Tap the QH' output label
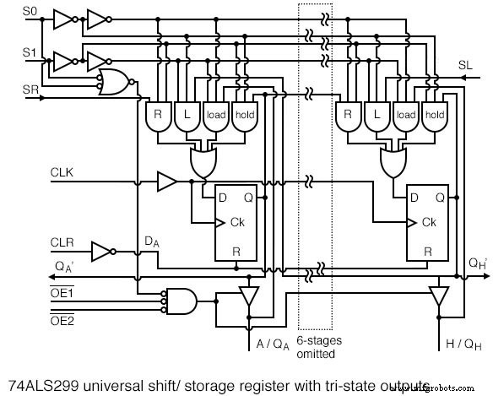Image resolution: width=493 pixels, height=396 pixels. point(477,262)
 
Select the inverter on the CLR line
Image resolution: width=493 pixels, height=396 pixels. point(101,251)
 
